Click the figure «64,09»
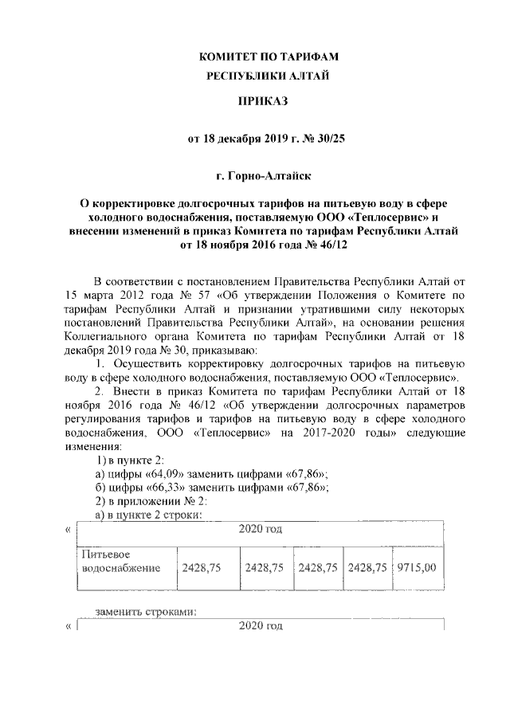click(x=164, y=475)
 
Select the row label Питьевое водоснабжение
click(x=116, y=561)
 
